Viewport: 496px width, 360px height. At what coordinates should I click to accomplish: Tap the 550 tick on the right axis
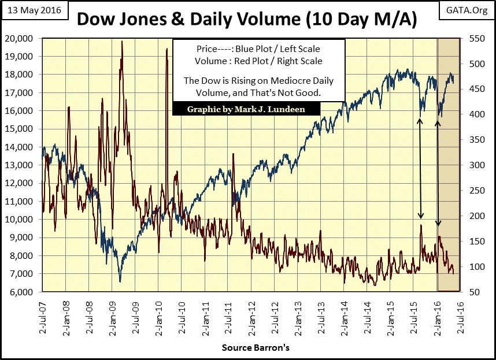click(x=473, y=38)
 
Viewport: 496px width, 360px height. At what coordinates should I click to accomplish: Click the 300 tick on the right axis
click(x=473, y=165)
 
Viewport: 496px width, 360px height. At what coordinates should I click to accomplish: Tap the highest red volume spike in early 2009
click(x=121, y=42)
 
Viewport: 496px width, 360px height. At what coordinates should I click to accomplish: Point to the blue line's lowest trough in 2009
click(x=120, y=281)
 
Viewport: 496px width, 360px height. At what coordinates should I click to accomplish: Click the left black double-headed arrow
click(x=420, y=168)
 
